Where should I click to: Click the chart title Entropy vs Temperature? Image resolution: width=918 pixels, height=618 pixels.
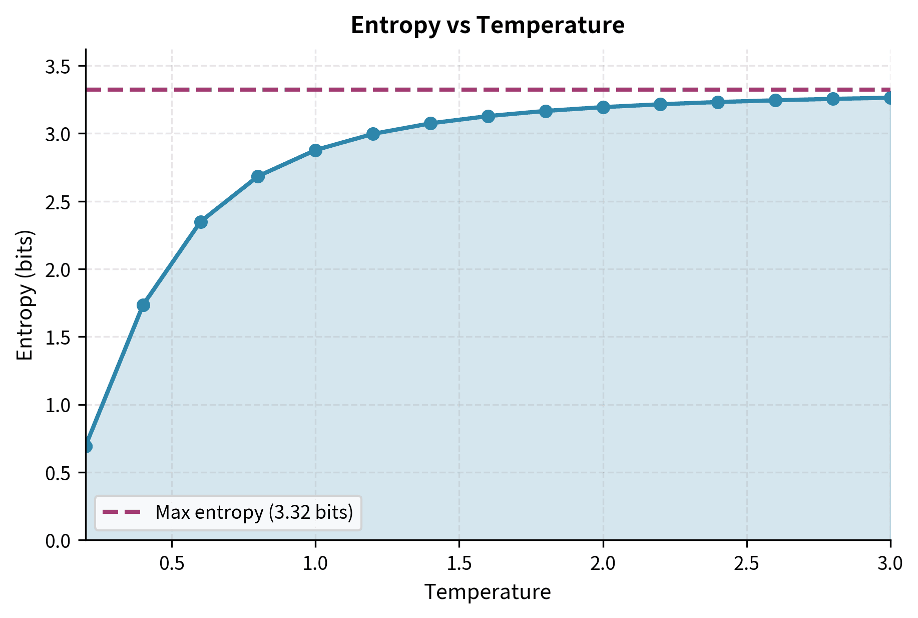(x=487, y=25)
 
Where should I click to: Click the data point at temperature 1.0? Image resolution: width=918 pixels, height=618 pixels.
(x=315, y=150)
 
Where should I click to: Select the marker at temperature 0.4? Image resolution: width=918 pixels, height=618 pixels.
(x=143, y=305)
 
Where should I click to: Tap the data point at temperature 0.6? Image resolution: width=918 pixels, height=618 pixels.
(x=201, y=222)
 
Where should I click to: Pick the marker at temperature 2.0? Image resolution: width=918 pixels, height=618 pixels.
(x=603, y=107)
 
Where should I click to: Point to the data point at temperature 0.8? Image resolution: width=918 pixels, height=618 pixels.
(x=258, y=176)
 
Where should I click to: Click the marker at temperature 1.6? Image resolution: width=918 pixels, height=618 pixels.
(x=488, y=116)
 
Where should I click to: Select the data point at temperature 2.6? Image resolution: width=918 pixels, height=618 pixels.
(x=775, y=101)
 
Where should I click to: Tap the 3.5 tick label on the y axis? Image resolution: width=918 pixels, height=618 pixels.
(x=58, y=67)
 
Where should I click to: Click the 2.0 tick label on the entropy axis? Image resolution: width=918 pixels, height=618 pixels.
(x=58, y=269)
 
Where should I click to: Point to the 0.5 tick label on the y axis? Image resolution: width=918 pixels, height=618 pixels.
(x=58, y=473)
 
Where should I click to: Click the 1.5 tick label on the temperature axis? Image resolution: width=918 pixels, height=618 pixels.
(x=459, y=564)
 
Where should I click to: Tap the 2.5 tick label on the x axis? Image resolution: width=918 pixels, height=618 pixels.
(x=747, y=564)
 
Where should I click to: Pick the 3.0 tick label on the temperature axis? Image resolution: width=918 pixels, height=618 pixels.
(x=890, y=564)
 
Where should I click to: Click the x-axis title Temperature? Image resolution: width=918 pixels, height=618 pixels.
(x=487, y=592)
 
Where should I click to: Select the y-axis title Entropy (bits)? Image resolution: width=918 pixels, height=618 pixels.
(x=25, y=295)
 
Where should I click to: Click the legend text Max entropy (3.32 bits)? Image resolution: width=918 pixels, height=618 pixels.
(x=254, y=512)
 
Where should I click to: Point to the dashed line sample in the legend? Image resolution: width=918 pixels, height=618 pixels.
(x=122, y=512)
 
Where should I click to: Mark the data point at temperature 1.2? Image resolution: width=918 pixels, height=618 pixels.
(x=373, y=134)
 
